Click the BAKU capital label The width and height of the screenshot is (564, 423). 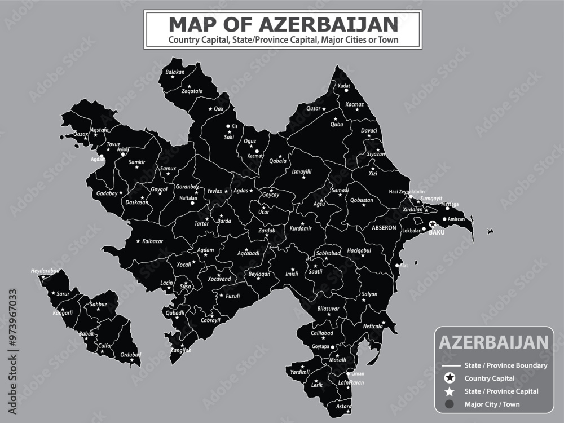437,232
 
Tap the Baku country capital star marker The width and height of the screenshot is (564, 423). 433,224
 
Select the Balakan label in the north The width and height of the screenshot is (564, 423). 175,72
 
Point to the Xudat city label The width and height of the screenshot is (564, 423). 343,85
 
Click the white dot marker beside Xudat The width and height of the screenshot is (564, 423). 347,90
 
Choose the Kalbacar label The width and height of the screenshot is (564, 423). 152,241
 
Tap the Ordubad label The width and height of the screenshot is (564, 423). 131,354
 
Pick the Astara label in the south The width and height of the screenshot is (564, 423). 343,406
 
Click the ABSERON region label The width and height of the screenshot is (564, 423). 384,228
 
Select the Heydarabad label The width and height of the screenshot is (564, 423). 45,271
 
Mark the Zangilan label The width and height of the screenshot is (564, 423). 180,350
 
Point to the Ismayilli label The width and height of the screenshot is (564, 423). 302,171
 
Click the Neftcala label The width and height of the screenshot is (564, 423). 373,326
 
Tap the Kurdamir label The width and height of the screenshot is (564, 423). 301,229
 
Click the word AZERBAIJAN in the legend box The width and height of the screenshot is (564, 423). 493,342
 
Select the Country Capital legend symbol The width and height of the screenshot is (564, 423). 450,378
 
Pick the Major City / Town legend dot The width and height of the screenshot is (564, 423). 450,404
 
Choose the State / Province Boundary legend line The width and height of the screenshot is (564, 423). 450,365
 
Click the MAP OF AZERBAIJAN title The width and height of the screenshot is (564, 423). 283,24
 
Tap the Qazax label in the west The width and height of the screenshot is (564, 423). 81,134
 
